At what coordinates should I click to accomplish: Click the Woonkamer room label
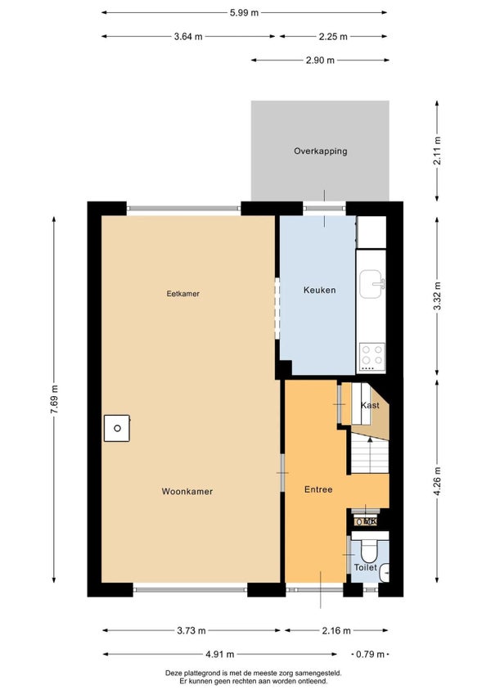pyautogui.click(x=187, y=491)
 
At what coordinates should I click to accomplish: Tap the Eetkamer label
pyautogui.click(x=182, y=294)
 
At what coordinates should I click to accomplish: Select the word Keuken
pyautogui.click(x=319, y=291)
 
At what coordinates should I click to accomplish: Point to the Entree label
pyautogui.click(x=318, y=489)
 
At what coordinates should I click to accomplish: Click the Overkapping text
pyautogui.click(x=321, y=151)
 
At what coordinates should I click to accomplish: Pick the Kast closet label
pyautogui.click(x=370, y=405)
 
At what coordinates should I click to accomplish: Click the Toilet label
pyautogui.click(x=365, y=567)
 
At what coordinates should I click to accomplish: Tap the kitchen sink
pyautogui.click(x=371, y=284)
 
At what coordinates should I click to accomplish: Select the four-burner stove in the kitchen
pyautogui.click(x=372, y=357)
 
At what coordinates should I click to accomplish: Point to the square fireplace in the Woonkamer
pyautogui.click(x=117, y=428)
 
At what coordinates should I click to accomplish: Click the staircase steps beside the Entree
pyautogui.click(x=370, y=453)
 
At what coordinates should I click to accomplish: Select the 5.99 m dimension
pyautogui.click(x=244, y=13)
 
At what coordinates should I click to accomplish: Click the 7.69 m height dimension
pyautogui.click(x=54, y=399)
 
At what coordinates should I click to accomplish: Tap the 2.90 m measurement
pyautogui.click(x=320, y=61)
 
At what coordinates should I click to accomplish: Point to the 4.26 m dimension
pyautogui.click(x=437, y=481)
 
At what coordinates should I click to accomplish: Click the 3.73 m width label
pyautogui.click(x=191, y=631)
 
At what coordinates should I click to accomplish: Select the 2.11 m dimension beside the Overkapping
pyautogui.click(x=437, y=151)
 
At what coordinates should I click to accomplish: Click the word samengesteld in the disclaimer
pyautogui.click(x=321, y=674)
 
